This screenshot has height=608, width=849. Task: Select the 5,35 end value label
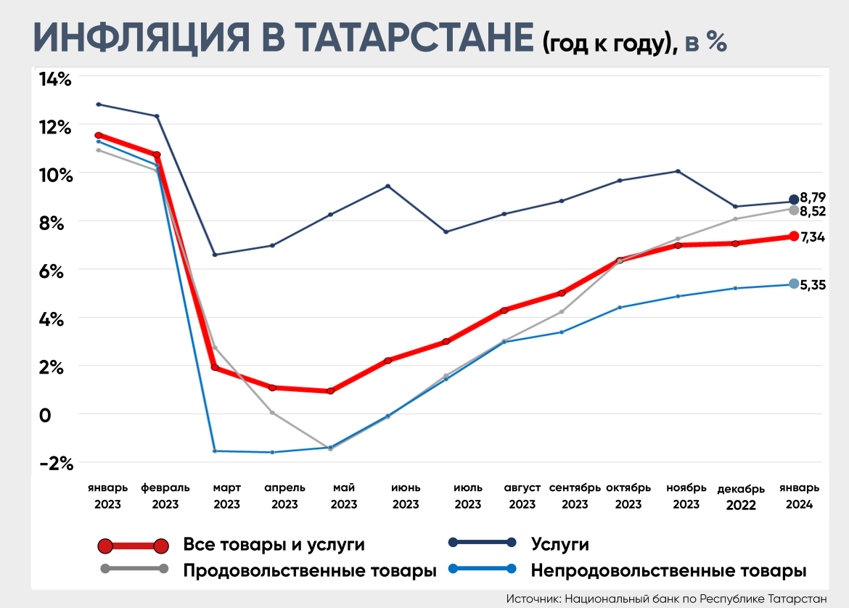coord(812,284)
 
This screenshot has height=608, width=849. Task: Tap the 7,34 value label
coord(813,237)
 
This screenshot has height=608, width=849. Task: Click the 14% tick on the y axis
coord(55,79)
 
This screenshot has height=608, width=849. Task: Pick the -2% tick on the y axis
coord(55,463)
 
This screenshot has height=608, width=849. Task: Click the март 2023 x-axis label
coord(227,496)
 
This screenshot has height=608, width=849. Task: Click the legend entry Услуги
coord(559,543)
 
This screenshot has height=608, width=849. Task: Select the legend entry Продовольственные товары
coord(309,570)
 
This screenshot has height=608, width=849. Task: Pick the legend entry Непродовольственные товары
coord(668,570)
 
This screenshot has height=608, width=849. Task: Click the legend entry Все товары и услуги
coord(274,544)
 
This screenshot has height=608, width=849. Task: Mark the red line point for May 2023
coord(331,391)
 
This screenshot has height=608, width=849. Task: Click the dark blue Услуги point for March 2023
coord(215,255)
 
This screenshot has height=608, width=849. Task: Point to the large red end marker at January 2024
coord(794,236)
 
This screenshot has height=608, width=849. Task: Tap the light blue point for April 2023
coord(272,453)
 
